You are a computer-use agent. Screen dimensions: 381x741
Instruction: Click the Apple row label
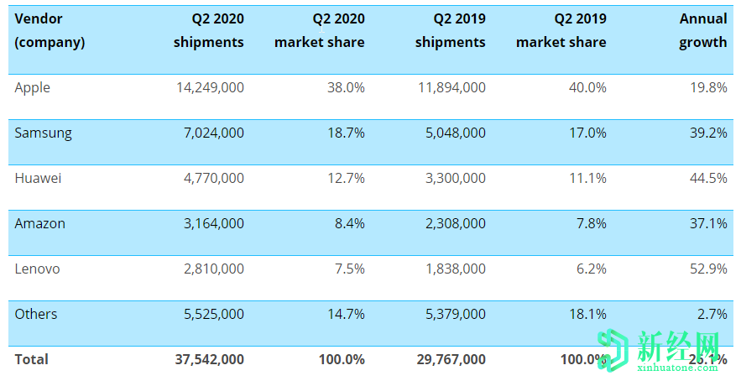pyautogui.click(x=32, y=88)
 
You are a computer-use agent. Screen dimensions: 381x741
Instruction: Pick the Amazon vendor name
pyautogui.click(x=39, y=224)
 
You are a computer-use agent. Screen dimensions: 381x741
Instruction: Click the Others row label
pyautogui.click(x=36, y=315)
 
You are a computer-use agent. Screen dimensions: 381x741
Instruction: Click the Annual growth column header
pyautogui.click(x=703, y=31)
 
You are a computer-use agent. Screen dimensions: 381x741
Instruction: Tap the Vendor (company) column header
pyautogui.click(x=50, y=31)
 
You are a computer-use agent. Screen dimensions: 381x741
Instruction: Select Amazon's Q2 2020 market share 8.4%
pyautogui.click(x=347, y=224)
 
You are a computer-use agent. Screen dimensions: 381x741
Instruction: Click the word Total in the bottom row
pyautogui.click(x=31, y=359)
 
